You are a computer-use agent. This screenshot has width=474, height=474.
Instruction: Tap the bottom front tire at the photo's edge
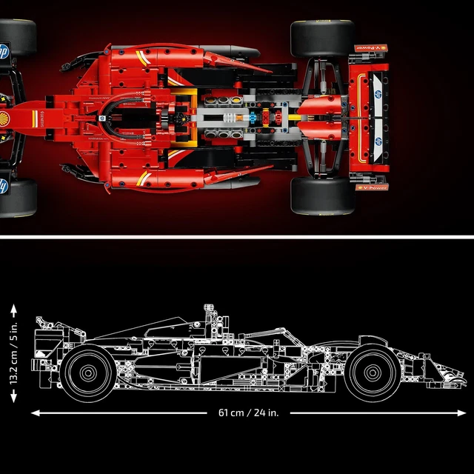16,196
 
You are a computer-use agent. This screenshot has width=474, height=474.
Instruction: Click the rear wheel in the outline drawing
87,373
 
